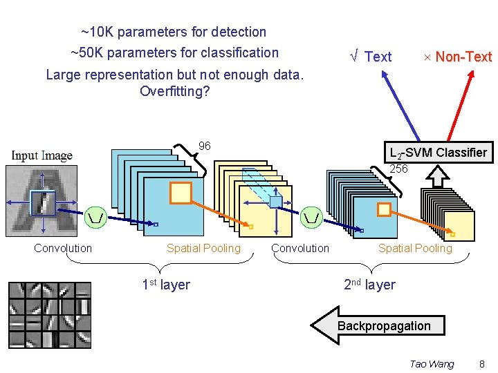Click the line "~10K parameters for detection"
click(174, 32)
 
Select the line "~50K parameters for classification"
click(174, 52)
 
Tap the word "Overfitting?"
click(174, 91)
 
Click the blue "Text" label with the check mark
click(371, 57)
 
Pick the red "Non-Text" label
click(458, 57)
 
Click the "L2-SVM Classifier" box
click(438, 153)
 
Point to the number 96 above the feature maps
click(205, 146)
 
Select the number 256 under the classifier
click(398, 169)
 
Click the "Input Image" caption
click(41, 155)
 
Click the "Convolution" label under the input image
click(63, 248)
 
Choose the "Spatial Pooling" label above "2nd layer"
click(415, 248)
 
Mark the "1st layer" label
click(166, 285)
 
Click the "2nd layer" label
click(370, 285)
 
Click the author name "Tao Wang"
click(432, 363)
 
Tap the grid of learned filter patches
click(49, 315)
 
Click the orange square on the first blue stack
click(181, 193)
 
